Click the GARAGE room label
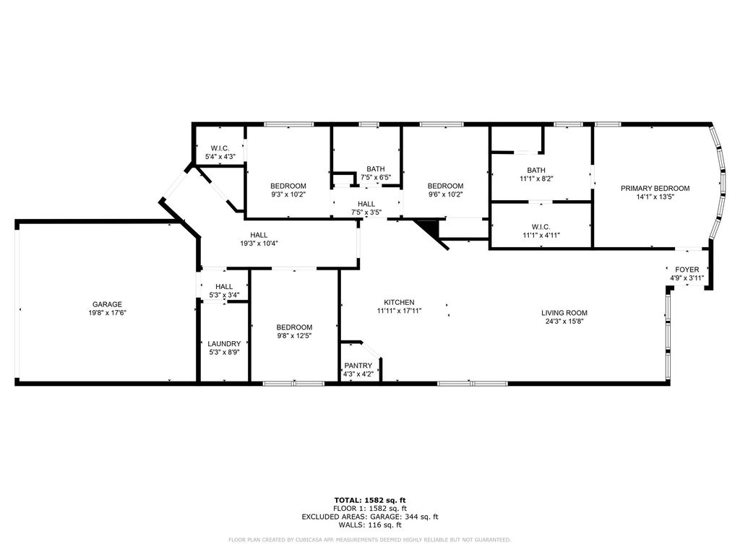[x=107, y=304]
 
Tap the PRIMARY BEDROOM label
[x=655, y=189]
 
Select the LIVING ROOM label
[x=564, y=312]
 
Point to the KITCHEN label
[x=399, y=303]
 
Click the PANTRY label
[x=358, y=365]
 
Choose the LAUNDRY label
[x=224, y=343]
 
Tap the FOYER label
[x=687, y=270]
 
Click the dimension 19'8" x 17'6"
[x=107, y=312]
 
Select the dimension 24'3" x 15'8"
[x=564, y=321]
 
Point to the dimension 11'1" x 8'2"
[x=536, y=179]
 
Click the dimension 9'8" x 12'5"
[x=295, y=335]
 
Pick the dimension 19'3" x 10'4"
[x=259, y=244]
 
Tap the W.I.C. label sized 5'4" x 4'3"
[x=220, y=148]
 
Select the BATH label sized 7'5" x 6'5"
[x=376, y=169]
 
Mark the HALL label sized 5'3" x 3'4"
[x=224, y=286]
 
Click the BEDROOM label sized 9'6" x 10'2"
[x=445, y=186]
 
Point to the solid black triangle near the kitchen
[x=431, y=228]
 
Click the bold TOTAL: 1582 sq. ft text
[x=370, y=500]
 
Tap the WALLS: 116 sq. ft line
[x=370, y=525]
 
